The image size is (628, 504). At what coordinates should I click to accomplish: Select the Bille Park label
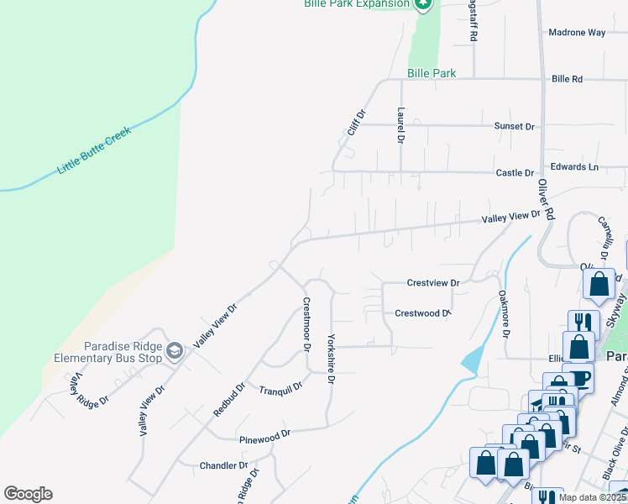coord(432,74)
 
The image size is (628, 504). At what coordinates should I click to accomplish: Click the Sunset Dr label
coord(514,126)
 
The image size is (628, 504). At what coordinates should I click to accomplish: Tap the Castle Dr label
coord(515,173)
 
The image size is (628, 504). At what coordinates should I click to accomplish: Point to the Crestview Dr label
coord(433,283)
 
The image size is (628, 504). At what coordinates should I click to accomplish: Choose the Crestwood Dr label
coord(423,312)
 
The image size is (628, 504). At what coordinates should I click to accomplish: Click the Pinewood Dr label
coord(264,434)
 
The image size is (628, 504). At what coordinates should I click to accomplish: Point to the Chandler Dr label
coord(223,465)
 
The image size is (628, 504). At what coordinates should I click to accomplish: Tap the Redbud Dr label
coord(228,398)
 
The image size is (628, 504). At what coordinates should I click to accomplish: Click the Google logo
coord(28,494)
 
